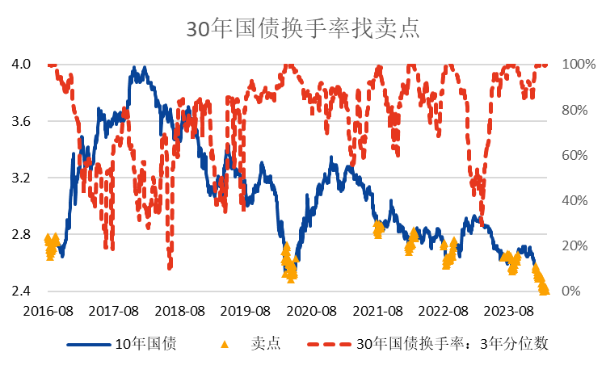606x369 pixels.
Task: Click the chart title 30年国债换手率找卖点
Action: point(302,29)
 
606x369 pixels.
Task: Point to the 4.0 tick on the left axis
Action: point(21,64)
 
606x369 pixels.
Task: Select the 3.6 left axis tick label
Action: point(21,121)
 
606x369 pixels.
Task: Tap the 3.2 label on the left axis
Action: point(21,178)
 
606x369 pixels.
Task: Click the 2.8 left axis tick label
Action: point(21,235)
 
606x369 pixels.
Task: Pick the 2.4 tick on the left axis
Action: point(21,291)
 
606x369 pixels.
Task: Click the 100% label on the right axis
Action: point(579,64)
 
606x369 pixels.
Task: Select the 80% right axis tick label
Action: point(575,110)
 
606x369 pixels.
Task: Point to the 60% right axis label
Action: point(575,155)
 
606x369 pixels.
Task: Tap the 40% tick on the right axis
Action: point(575,200)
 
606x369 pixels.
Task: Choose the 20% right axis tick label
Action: point(575,246)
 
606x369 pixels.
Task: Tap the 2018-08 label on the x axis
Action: point(180,311)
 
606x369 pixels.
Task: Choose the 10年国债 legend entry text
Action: point(145,344)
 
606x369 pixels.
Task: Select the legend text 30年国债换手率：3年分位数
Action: point(452,344)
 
